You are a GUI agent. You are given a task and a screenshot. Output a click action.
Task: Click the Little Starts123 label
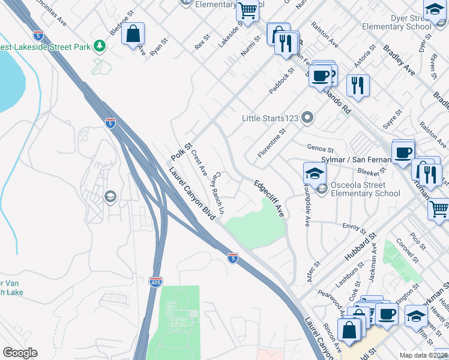270,118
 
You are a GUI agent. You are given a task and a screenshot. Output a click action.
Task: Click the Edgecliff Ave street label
268,199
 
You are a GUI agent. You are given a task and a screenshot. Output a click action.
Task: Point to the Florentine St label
267,143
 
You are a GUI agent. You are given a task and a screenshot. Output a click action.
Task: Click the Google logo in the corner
20,353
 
